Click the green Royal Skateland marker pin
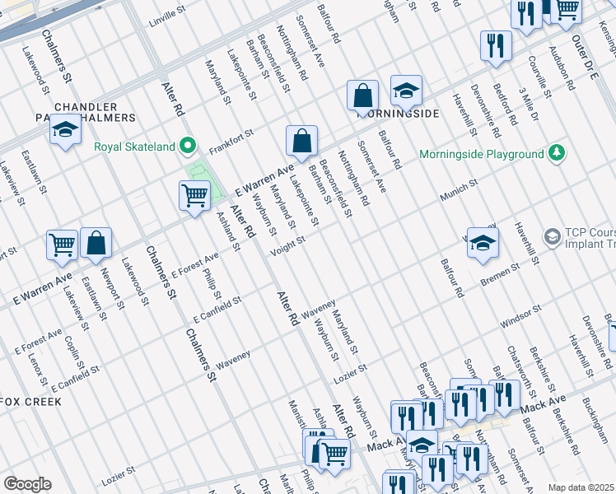[189, 147]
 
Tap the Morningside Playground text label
[481, 154]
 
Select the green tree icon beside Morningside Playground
[558, 153]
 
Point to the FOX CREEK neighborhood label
[30, 402]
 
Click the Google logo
[27, 484]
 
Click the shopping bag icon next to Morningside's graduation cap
[362, 96]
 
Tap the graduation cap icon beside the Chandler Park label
[65, 131]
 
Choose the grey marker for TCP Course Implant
[553, 237]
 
